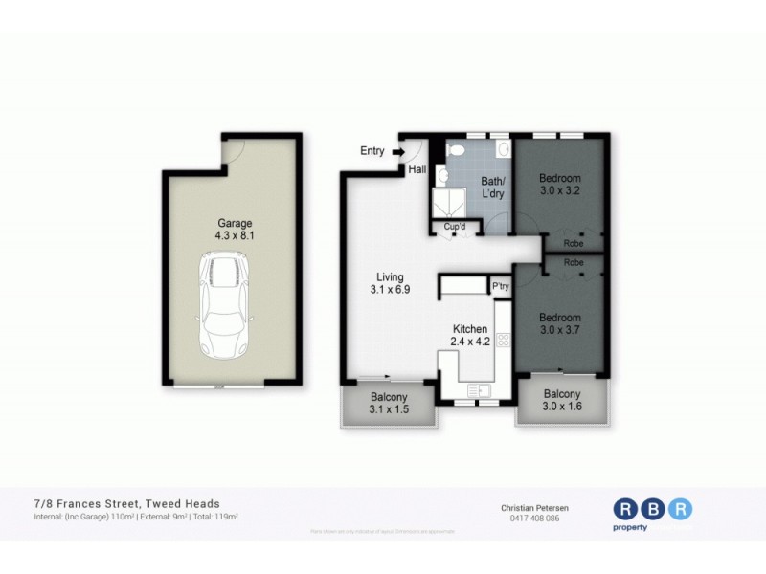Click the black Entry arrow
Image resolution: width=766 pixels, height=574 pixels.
click(398, 150)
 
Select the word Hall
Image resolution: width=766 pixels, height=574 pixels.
click(417, 169)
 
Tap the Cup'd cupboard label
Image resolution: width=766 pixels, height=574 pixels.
click(454, 227)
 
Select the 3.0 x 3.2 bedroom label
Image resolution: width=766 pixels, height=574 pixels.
click(560, 184)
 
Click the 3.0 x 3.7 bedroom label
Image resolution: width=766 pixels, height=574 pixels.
click(559, 323)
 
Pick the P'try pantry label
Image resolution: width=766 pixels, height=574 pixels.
click(500, 285)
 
